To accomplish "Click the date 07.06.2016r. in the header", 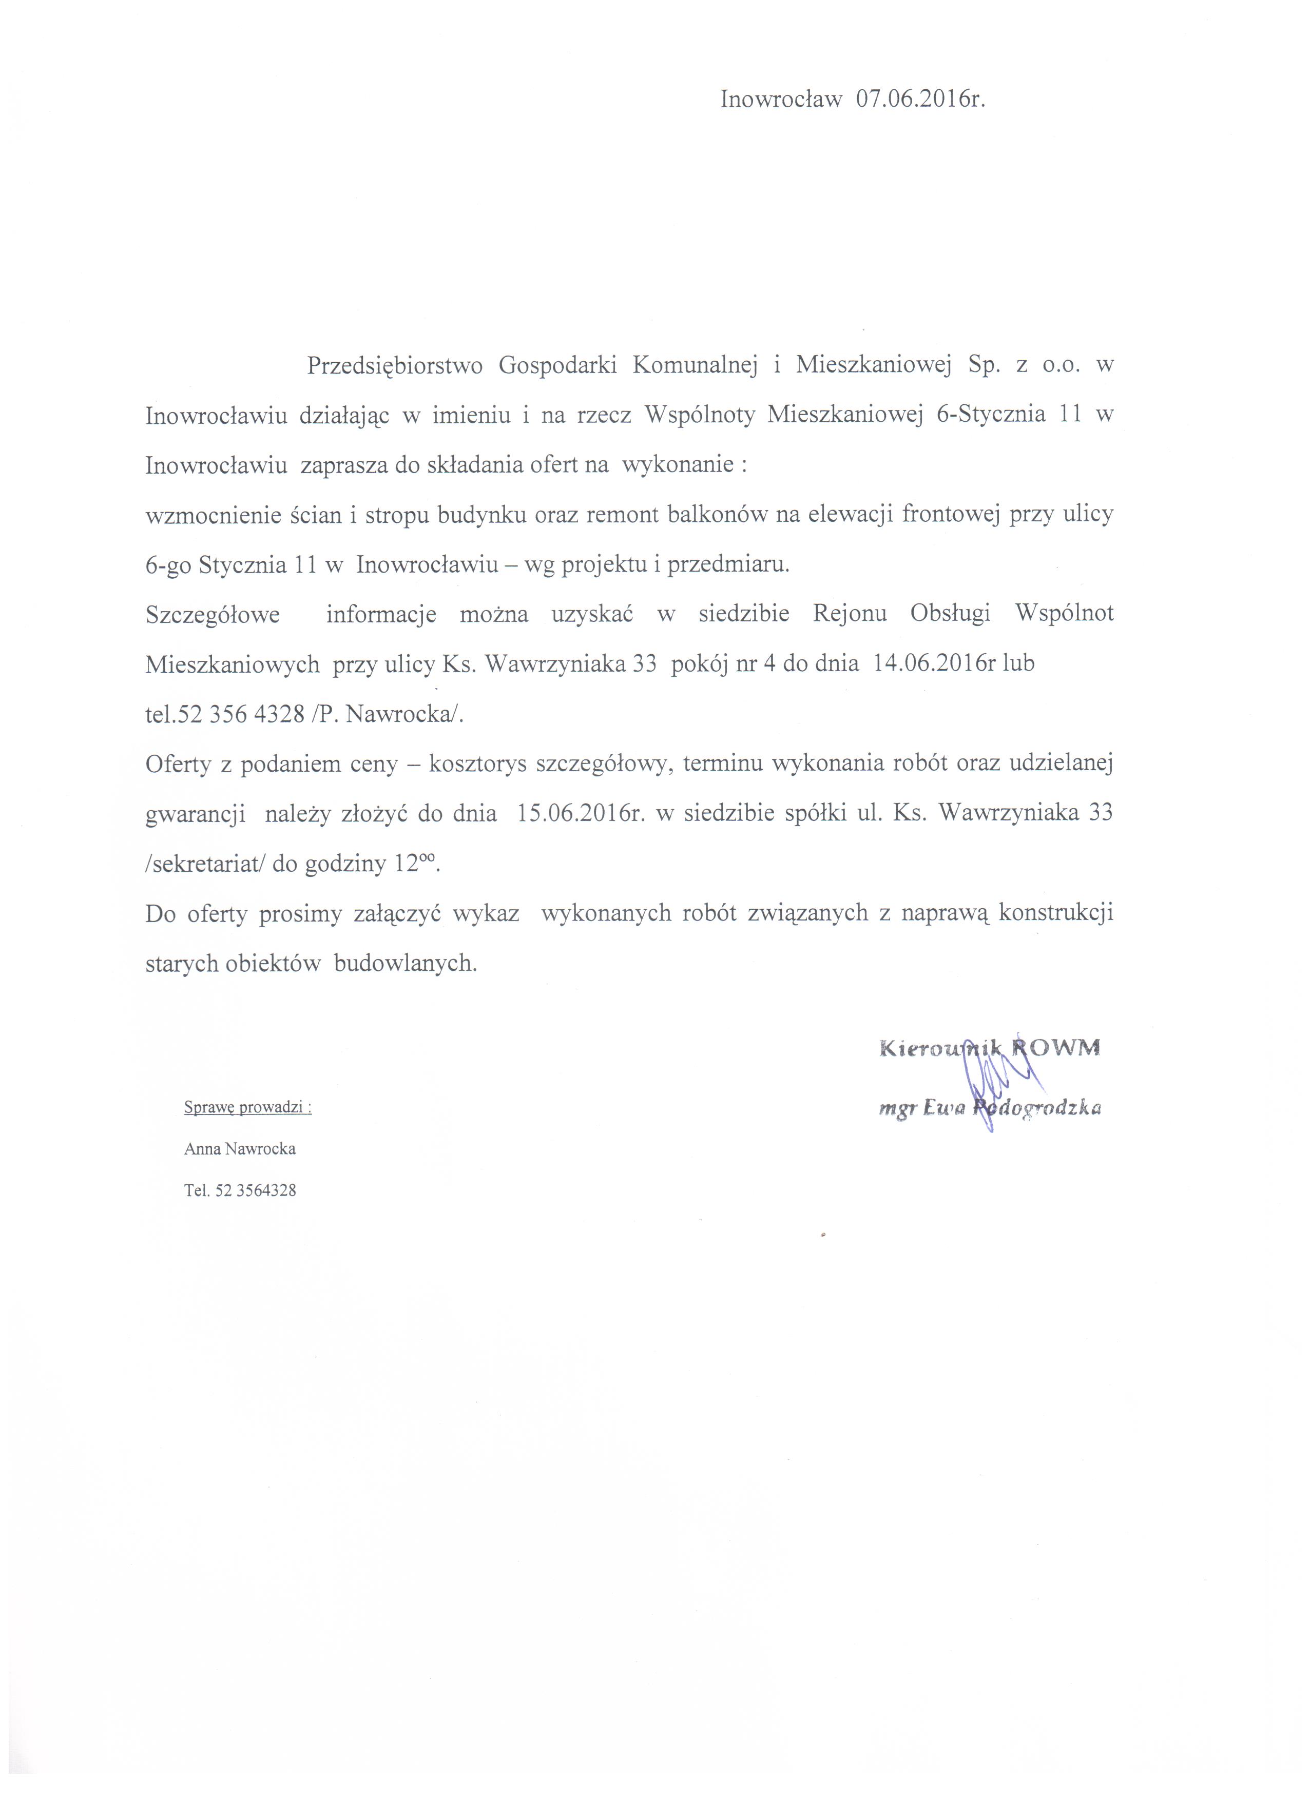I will coord(921,99).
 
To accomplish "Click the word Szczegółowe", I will coord(213,615).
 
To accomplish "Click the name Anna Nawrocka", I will coord(240,1149).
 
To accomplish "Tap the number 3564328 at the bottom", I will coord(266,1190).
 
